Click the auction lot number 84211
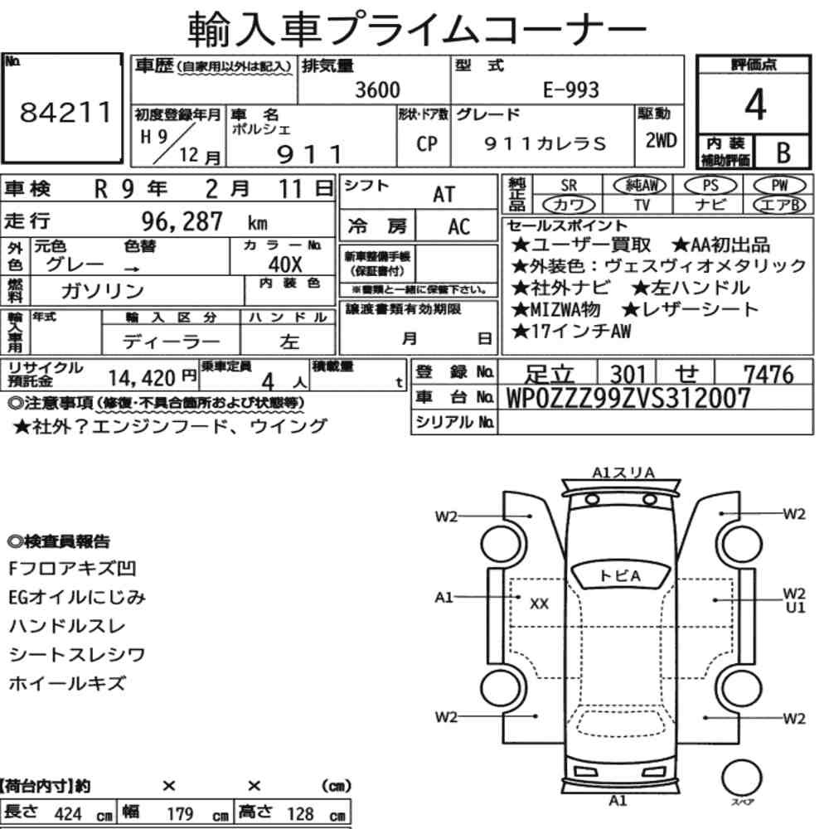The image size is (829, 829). coord(66,112)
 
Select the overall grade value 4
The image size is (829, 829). coord(755,104)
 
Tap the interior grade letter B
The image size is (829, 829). coord(783,153)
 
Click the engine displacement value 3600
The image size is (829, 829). coord(377,90)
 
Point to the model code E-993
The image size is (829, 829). coord(571,90)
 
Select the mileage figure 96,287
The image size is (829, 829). coord(182,221)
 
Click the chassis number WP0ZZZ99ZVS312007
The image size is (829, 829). coord(628,398)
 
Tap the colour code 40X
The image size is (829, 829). coord(285,264)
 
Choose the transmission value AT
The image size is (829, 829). coord(444,195)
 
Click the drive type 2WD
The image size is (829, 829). coord(661,140)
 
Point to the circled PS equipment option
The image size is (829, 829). coord(710,186)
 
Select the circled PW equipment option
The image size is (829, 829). coord(779,186)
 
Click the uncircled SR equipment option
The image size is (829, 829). coord(569,186)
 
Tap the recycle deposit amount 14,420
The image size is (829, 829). coord(142,378)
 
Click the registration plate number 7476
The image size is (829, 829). coord(768,375)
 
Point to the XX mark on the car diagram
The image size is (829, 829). coord(539,604)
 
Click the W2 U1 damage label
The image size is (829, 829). coord(795,600)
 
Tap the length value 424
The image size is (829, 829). coord(68,814)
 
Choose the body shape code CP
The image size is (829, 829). coord(427,143)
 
